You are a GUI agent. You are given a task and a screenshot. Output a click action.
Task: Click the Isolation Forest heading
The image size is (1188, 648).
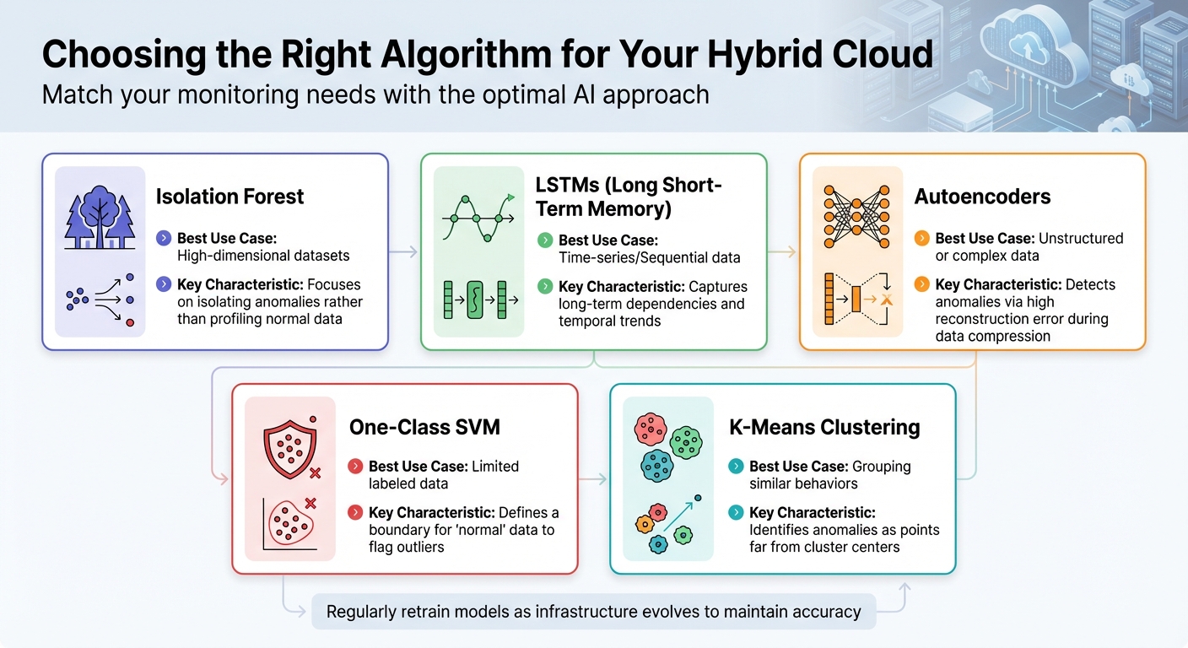[229, 197]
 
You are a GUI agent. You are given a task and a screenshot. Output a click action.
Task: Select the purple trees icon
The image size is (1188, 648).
[100, 218]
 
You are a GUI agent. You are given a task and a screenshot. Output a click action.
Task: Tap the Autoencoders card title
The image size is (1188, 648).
[982, 197]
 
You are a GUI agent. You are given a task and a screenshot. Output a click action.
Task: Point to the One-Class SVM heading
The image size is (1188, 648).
[424, 427]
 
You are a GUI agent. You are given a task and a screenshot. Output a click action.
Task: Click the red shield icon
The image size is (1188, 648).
[289, 445]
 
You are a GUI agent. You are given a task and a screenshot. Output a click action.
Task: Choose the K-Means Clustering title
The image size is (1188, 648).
[823, 427]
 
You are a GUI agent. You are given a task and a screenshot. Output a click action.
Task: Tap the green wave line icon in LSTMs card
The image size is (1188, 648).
[478, 218]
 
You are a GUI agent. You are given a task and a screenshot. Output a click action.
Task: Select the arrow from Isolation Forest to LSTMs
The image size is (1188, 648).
[404, 251]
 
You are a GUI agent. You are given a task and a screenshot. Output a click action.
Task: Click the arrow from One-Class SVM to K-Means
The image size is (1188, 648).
[593, 479]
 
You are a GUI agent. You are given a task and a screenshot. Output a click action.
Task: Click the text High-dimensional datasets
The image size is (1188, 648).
[263, 256]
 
